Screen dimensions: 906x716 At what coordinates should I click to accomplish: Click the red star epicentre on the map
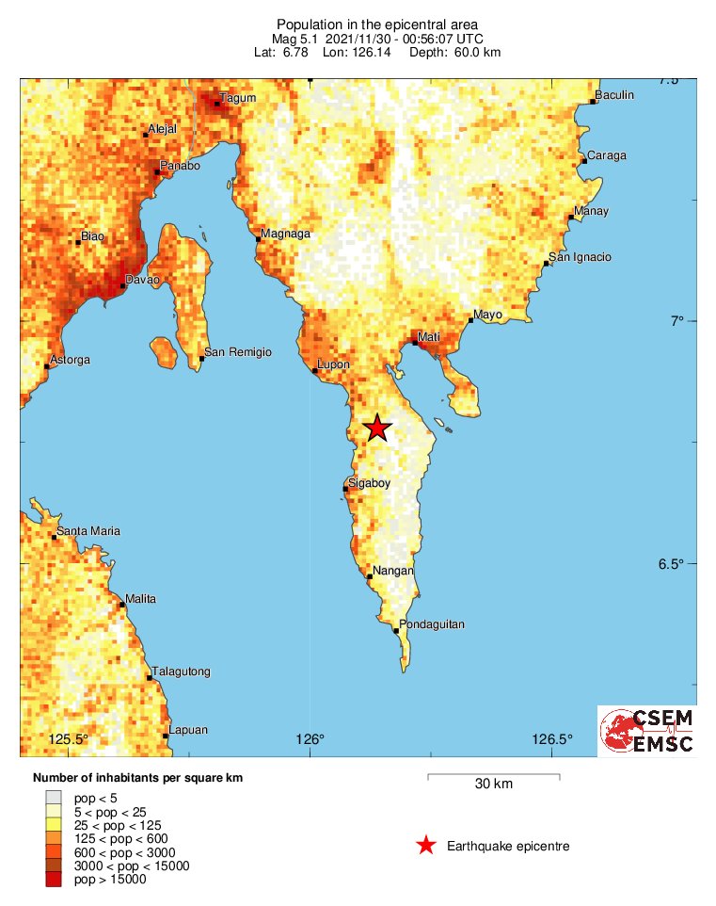click(x=377, y=428)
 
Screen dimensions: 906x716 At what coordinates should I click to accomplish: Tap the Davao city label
click(x=143, y=281)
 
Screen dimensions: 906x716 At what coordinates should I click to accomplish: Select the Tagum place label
click(x=237, y=98)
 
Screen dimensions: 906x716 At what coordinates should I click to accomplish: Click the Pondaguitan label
click(x=432, y=624)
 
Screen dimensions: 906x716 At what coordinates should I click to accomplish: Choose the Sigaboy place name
click(x=369, y=483)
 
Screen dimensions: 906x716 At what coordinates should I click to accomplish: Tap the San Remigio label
click(x=239, y=352)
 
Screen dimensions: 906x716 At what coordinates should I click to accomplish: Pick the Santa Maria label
click(x=88, y=531)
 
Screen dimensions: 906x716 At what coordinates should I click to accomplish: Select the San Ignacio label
click(x=581, y=257)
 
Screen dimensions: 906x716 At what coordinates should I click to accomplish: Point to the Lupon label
click(x=334, y=364)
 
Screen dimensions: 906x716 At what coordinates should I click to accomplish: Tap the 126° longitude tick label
click(x=310, y=738)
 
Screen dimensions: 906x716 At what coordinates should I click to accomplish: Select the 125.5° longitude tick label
click(x=68, y=738)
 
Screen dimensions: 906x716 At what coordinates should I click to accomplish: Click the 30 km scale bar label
click(x=493, y=785)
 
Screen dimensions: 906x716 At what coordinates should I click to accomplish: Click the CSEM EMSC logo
click(x=647, y=731)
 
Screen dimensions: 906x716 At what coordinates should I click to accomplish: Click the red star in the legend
click(x=426, y=846)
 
